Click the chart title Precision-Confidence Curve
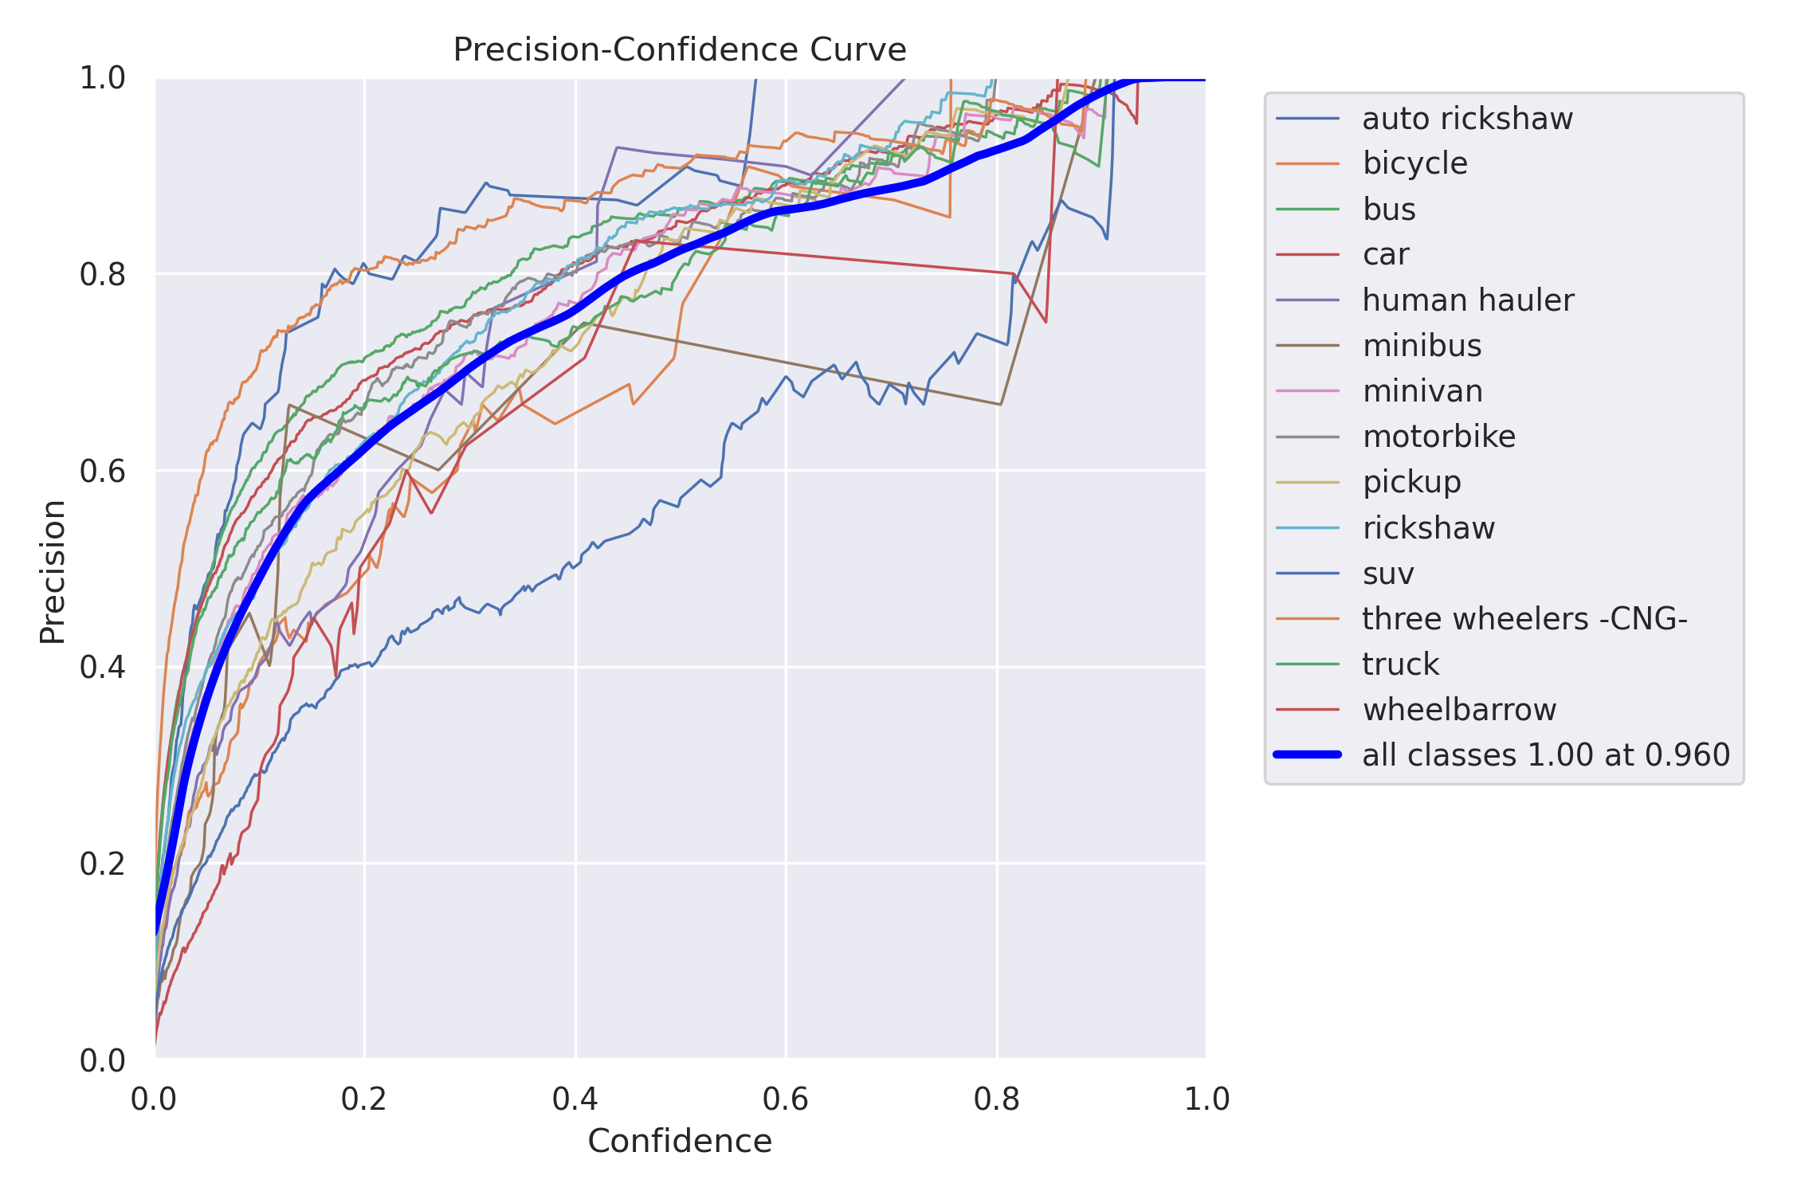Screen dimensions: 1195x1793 point(679,49)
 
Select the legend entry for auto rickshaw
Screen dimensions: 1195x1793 point(1467,119)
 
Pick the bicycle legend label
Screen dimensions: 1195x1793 point(1414,163)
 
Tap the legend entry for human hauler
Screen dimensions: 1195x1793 point(1468,300)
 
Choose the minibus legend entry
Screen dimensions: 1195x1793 point(1422,346)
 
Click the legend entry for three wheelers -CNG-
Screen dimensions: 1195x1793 point(1524,619)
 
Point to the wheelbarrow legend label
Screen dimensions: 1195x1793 point(1459,710)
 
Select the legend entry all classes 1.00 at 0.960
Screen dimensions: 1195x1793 point(1546,755)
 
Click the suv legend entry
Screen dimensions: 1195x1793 point(1388,574)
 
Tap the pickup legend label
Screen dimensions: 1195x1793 point(1411,482)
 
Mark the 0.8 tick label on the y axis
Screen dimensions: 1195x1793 point(103,274)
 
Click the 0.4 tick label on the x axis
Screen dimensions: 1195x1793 point(575,1100)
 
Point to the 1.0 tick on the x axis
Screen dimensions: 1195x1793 point(1206,1100)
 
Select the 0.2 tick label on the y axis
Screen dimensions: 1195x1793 point(103,864)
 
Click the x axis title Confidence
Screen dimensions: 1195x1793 point(680,1142)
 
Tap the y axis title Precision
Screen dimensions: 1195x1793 point(53,571)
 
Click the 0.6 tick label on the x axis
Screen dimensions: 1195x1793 point(786,1100)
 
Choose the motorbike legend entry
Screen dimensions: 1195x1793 point(1438,437)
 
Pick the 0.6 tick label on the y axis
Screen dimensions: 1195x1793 point(103,471)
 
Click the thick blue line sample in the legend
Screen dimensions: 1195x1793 point(1308,754)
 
